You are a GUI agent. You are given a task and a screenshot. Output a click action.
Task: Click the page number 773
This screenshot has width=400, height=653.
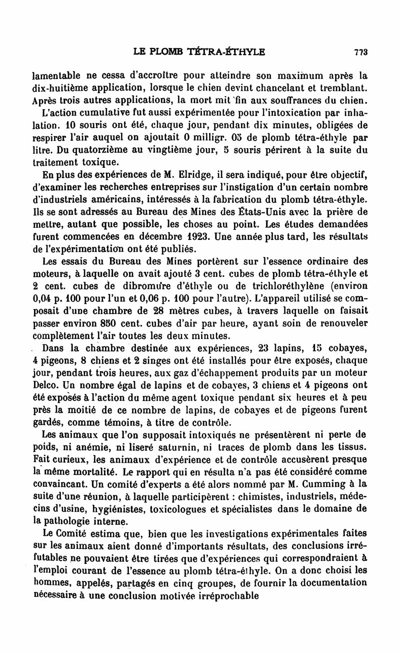click(x=360, y=52)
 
